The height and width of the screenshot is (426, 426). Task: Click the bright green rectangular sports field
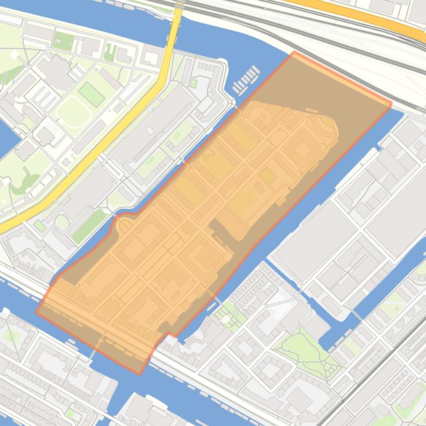pos(91,94)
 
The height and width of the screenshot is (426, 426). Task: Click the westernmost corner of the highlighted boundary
pos(37,312)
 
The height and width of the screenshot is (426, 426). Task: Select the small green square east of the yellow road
pos(193,84)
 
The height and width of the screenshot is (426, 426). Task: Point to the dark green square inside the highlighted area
pos(268,176)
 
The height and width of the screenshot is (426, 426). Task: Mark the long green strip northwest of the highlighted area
pos(88,225)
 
